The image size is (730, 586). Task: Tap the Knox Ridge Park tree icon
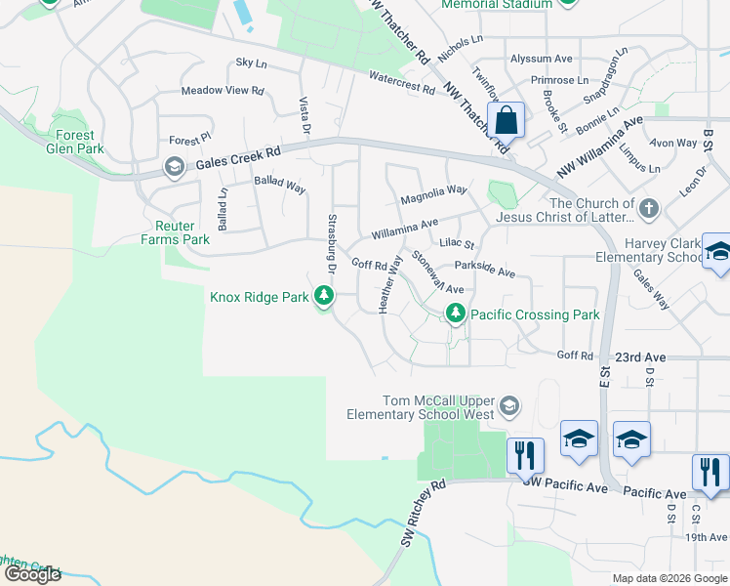coord(323,296)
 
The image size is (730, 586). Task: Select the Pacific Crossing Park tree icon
coord(454,314)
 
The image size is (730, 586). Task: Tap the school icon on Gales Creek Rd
coord(174,168)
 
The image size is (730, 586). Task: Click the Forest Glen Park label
coord(75,142)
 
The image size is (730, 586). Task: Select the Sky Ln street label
coord(251,63)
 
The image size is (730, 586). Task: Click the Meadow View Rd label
coord(223,91)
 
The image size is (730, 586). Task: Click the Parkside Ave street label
coord(485,271)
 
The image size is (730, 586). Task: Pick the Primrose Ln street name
coord(560,79)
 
